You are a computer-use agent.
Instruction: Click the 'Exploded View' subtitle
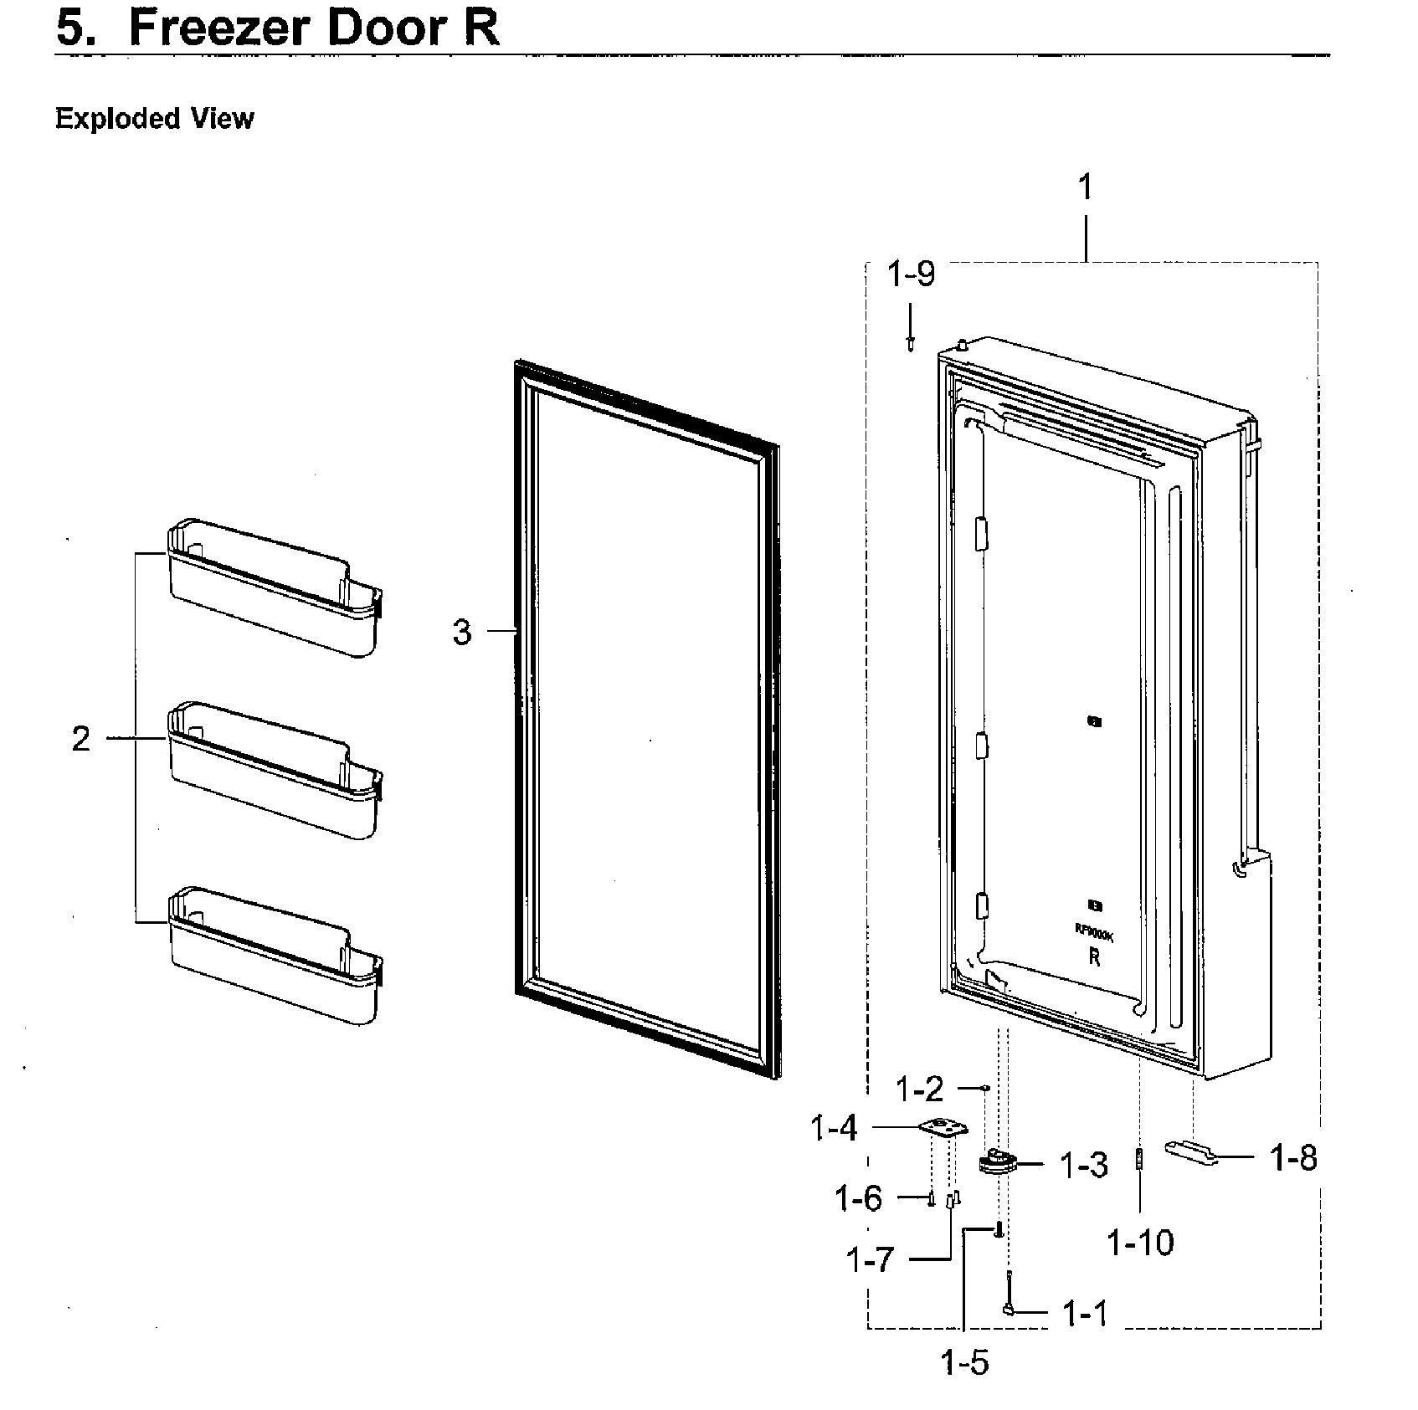(x=154, y=119)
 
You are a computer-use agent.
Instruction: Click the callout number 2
(x=80, y=739)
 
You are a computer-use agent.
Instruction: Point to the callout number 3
(x=462, y=632)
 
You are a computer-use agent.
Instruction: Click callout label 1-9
(x=911, y=274)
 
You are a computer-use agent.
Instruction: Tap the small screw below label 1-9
(x=911, y=342)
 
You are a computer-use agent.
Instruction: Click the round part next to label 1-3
(x=995, y=1161)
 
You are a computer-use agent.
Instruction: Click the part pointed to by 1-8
(x=1192, y=1151)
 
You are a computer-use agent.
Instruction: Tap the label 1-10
(x=1140, y=1243)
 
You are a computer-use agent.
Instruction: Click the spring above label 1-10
(x=1139, y=1160)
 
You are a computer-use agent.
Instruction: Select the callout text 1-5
(x=964, y=1363)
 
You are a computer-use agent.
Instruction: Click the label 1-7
(x=870, y=1259)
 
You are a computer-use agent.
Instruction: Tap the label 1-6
(x=858, y=1199)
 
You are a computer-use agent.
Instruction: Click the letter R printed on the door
(x=1094, y=958)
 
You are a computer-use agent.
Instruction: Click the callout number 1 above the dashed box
(x=1085, y=187)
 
